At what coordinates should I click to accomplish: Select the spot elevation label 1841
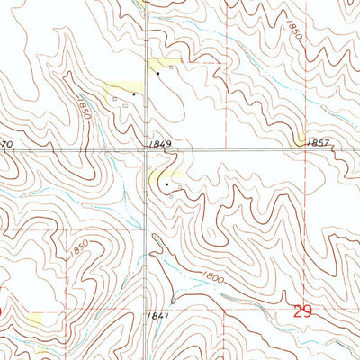[162, 316]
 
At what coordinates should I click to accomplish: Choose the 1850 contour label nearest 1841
[79, 245]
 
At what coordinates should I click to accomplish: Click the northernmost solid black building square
[157, 73]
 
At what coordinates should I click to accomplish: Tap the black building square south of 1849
[166, 184]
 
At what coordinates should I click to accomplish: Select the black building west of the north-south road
[134, 93]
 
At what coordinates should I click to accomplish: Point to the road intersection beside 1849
[149, 150]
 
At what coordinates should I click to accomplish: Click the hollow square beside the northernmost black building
[169, 67]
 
